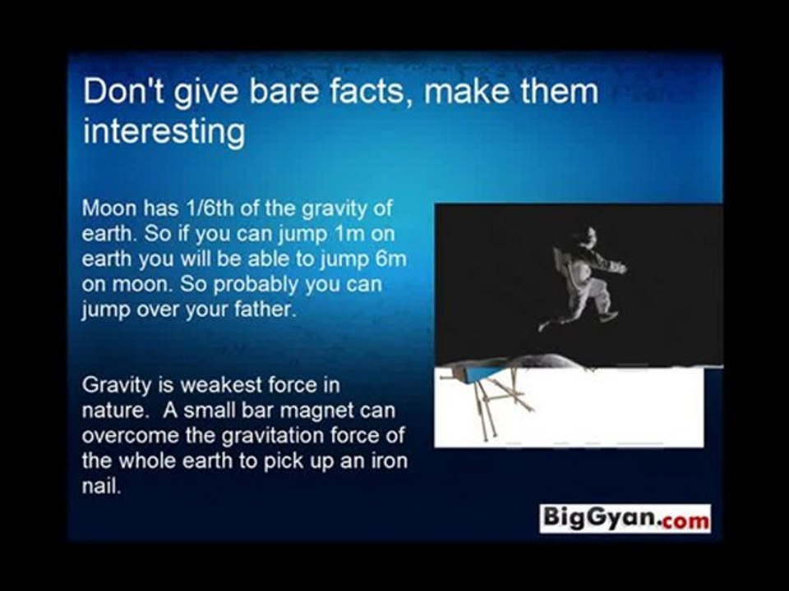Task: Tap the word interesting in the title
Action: (164, 132)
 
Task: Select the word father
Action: (266, 310)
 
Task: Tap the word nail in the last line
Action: (99, 486)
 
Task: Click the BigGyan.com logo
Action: (625, 518)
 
